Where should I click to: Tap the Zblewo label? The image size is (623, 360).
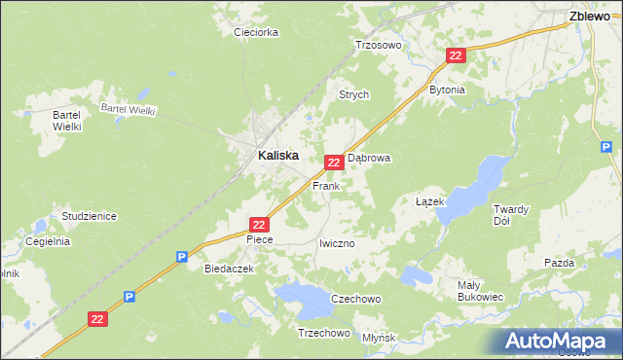click(x=589, y=16)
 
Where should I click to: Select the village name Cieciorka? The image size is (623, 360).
click(x=256, y=32)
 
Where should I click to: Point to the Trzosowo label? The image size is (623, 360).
click(x=378, y=45)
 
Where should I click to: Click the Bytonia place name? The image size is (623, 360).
click(x=448, y=90)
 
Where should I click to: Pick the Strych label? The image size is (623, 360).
click(x=353, y=94)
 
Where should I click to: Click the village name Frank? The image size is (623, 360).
click(x=325, y=185)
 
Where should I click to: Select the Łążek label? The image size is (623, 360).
click(x=429, y=201)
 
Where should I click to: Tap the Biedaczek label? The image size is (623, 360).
click(x=229, y=268)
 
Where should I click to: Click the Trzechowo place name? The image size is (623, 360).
click(x=323, y=333)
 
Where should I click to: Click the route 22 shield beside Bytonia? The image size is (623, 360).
click(x=456, y=56)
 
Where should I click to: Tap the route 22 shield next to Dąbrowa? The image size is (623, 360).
click(x=333, y=162)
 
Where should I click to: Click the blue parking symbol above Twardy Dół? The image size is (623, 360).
click(x=605, y=148)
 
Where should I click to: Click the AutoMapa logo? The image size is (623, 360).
click(x=559, y=341)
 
